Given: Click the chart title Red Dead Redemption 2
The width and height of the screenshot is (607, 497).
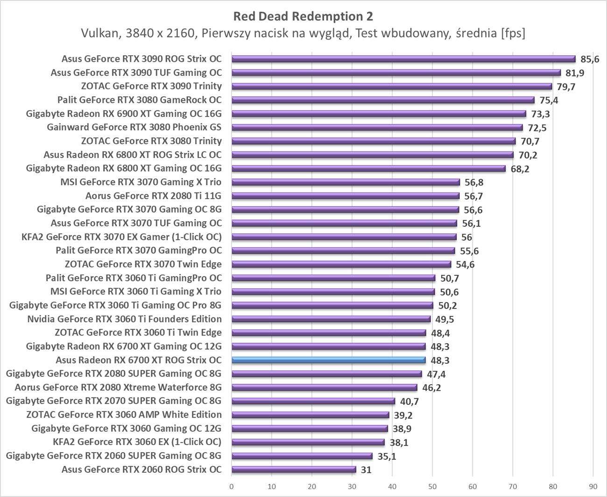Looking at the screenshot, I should tap(303, 16).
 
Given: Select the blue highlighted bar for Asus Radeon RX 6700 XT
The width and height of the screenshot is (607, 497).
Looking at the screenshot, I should tap(329, 360).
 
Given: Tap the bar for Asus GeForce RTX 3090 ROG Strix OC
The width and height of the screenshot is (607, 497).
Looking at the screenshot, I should tap(403, 59).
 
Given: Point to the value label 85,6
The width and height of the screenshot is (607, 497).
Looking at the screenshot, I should tap(590, 59).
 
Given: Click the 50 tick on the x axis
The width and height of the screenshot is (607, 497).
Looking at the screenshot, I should tap(432, 486).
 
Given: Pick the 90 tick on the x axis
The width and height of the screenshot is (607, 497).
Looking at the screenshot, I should tap(593, 486).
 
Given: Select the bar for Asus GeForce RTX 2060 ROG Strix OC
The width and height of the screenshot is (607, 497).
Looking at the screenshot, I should tap(294, 469).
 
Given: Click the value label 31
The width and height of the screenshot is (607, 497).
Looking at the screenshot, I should tap(366, 470).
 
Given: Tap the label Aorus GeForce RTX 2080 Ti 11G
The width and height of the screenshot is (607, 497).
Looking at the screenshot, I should tap(153, 195).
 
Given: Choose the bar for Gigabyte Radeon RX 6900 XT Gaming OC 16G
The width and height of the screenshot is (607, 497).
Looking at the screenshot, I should tap(379, 114).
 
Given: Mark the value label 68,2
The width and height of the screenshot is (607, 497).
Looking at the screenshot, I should tap(520, 169).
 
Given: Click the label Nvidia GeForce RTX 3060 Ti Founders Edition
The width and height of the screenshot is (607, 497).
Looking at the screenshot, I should tap(125, 319).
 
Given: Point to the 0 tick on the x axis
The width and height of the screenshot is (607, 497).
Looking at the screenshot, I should tap(232, 486).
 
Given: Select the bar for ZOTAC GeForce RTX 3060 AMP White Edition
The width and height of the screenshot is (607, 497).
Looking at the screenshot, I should tap(311, 415).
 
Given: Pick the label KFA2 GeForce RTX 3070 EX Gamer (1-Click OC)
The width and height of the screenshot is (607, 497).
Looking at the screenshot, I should tap(122, 237).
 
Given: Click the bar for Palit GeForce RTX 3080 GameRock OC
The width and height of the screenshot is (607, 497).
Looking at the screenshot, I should tap(383, 100).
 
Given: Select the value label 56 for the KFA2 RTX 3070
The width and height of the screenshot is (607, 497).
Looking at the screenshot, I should tap(466, 237).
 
